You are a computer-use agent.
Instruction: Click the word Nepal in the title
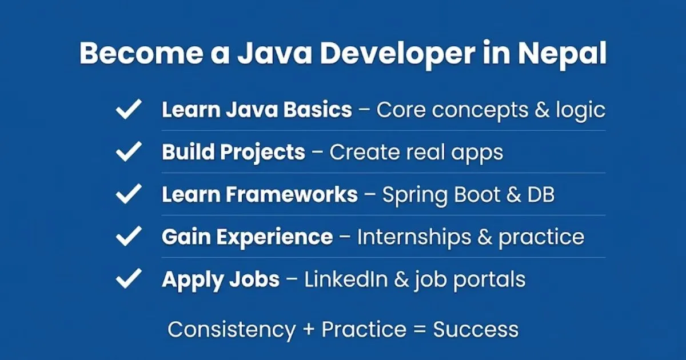coord(562,54)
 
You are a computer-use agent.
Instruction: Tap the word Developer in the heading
coord(398,54)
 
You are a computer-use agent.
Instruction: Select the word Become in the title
coord(141,53)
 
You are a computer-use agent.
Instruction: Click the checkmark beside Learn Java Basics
coord(129,109)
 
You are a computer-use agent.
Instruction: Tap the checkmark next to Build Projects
coord(129,151)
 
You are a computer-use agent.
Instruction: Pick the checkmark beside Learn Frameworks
coord(129,194)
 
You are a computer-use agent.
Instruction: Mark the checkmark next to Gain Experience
coord(129,236)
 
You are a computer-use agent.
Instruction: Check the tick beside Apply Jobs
coord(129,278)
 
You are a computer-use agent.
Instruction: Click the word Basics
coord(318,110)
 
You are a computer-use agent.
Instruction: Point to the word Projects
coord(263,153)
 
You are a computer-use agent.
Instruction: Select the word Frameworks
coord(292,194)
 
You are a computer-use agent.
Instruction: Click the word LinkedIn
coord(346,279)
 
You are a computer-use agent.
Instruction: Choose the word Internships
coord(414,238)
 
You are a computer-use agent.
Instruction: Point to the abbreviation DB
coord(541,195)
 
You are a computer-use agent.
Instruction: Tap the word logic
coord(581,111)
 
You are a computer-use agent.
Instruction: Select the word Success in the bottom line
coord(476,329)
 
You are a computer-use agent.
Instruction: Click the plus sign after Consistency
coord(309,329)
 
